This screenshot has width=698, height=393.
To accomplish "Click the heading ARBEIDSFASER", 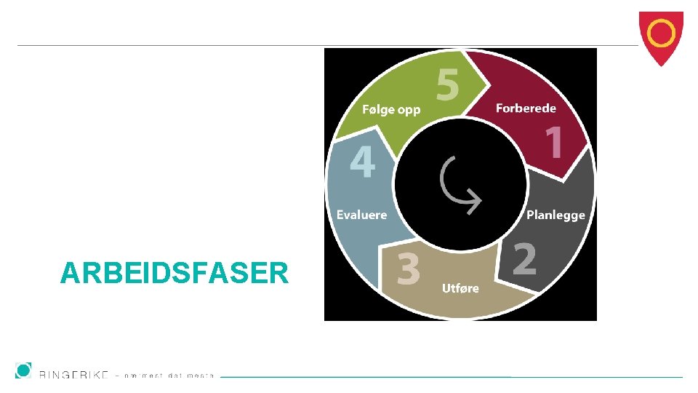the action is tap(174, 273).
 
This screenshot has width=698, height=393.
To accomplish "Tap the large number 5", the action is tap(447, 86).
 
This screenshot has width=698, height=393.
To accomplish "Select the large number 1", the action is tap(554, 142).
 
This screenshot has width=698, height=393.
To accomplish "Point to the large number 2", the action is tap(524, 259).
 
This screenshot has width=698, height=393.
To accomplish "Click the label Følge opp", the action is tap(391, 110).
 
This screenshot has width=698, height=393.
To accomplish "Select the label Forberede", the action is tap(526, 108).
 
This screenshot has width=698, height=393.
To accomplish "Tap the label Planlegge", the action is tap(555, 215).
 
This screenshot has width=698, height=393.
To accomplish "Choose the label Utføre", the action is tap(460, 288).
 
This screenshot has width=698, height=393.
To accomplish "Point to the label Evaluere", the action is tap(361, 215).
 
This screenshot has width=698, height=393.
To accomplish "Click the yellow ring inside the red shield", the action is tap(661, 33).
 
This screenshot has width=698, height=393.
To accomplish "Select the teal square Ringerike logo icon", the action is tap(24, 370).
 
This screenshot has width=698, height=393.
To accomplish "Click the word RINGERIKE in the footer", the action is tap(73, 375).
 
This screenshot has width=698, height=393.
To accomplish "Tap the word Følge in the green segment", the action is tap(379, 110).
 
